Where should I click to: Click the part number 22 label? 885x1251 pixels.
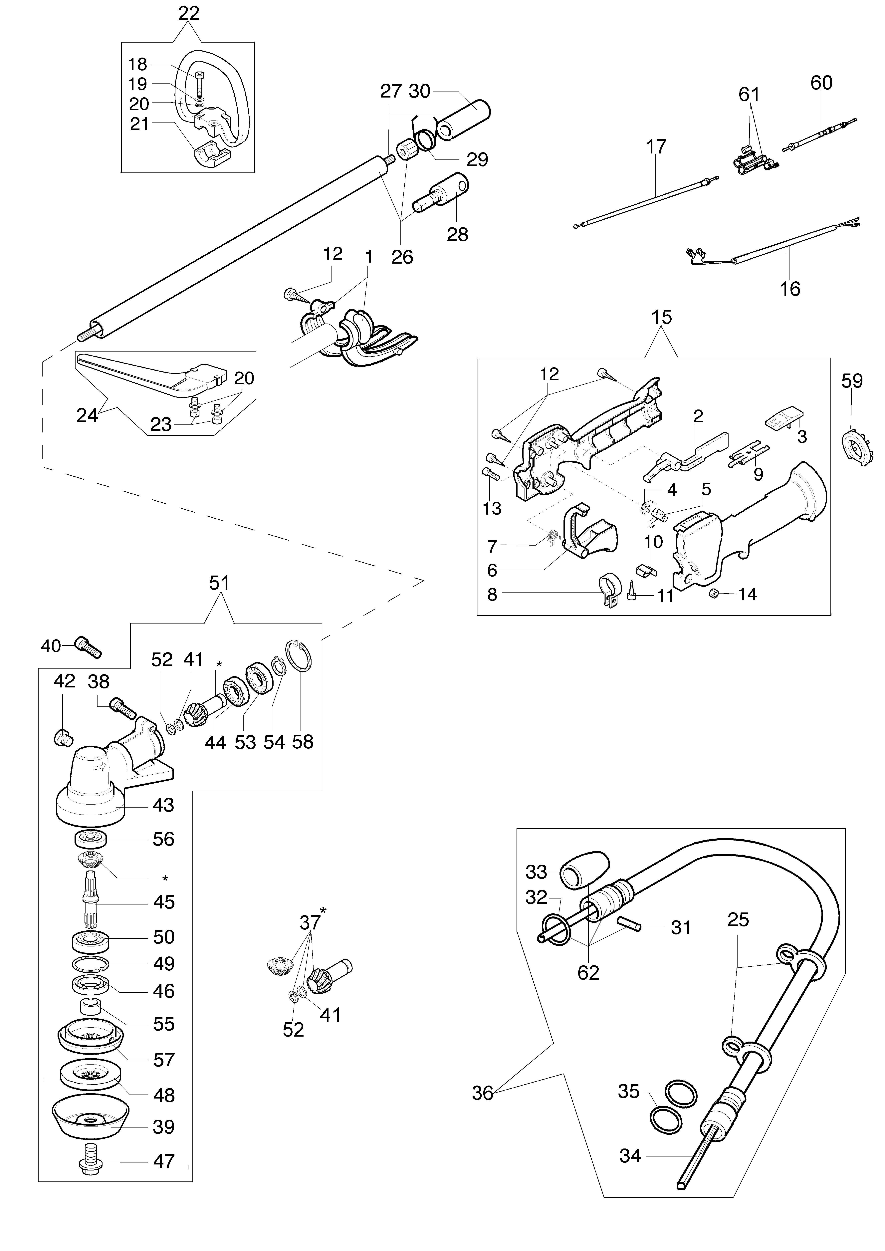point(189,14)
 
